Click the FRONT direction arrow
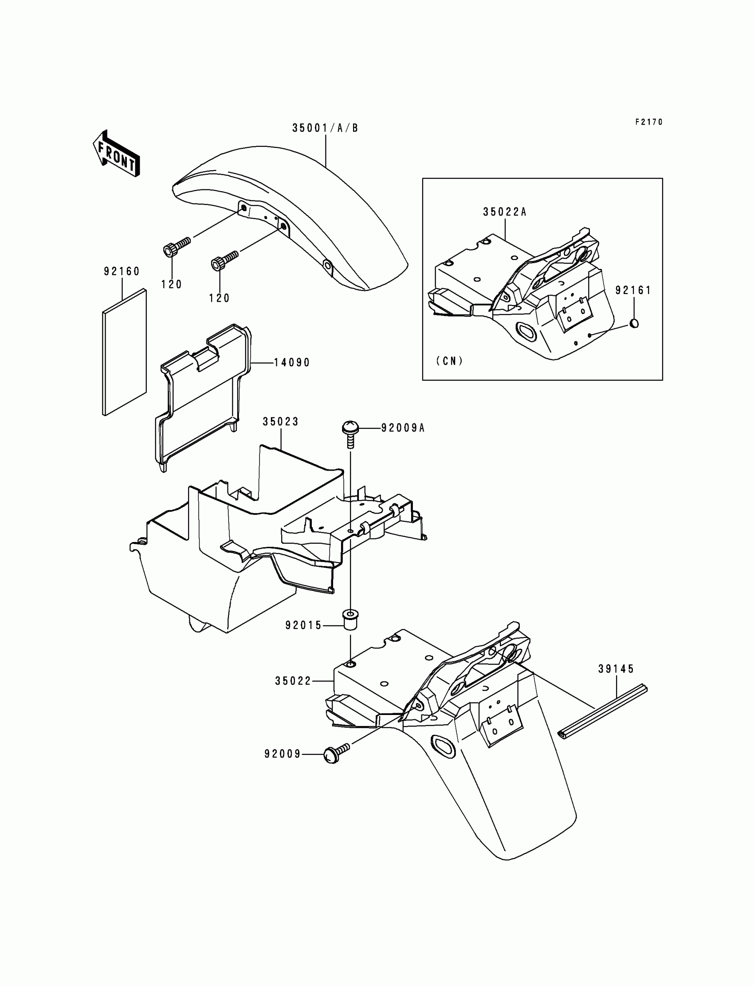point(116,153)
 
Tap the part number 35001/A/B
point(325,128)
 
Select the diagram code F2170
point(648,122)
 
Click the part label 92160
point(122,271)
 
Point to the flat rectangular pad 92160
point(124,352)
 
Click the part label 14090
point(292,363)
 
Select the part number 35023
point(280,422)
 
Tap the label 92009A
point(403,428)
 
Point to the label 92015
point(304,625)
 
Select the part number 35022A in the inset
point(504,212)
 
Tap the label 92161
point(633,291)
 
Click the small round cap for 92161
point(634,323)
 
